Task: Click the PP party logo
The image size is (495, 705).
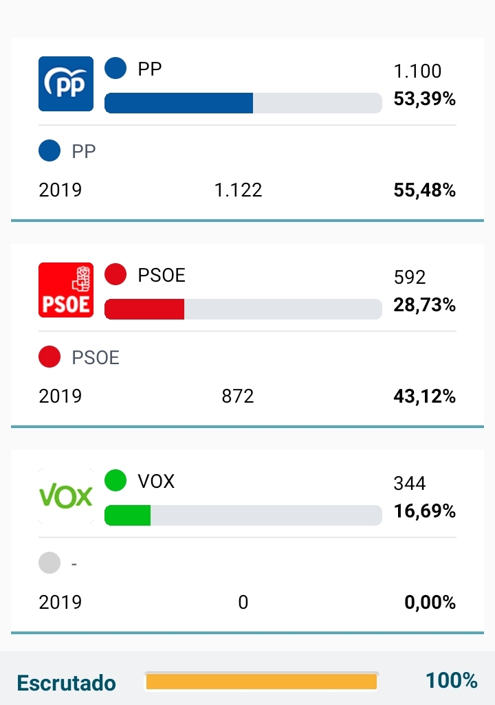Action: (65, 83)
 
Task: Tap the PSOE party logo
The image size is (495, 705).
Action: (65, 290)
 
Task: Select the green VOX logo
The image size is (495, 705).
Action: (65, 496)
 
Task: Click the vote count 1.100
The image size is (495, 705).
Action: (417, 71)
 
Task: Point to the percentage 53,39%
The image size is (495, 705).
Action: (424, 99)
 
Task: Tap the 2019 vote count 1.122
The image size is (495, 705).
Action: (238, 190)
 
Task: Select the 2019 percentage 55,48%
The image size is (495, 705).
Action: (424, 190)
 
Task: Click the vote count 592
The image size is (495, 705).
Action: (410, 278)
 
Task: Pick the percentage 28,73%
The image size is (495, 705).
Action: (424, 305)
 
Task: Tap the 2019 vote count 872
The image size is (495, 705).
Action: (238, 396)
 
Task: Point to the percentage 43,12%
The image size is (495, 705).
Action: (424, 396)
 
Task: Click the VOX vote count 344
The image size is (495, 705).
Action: (410, 484)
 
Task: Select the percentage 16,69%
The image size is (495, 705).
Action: (424, 511)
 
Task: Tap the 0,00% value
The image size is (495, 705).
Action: (430, 603)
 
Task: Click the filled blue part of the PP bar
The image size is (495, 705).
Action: (179, 103)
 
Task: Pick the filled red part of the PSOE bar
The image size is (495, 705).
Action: (144, 309)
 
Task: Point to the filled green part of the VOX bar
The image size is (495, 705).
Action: (128, 515)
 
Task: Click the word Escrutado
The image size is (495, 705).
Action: (67, 683)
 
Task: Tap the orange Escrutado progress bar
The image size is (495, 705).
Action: (261, 681)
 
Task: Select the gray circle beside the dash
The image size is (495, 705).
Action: (49, 563)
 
